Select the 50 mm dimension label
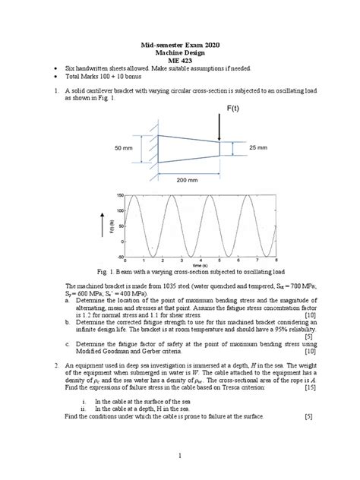[x=123, y=148]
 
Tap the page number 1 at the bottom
[x=180, y=456]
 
